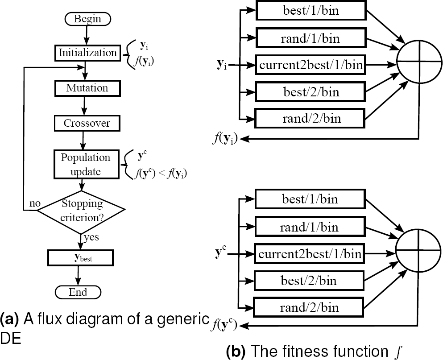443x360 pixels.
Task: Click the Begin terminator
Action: pos(87,19)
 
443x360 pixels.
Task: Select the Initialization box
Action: pos(87,53)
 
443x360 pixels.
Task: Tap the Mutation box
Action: pos(87,88)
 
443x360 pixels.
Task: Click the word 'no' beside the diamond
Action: pos(35,203)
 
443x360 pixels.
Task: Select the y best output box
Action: pos(80,257)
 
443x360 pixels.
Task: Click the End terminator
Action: pos(78,292)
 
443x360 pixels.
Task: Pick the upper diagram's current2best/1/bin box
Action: pos(311,66)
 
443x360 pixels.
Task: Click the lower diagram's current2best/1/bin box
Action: pos(310,254)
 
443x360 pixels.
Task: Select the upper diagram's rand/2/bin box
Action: pos(310,119)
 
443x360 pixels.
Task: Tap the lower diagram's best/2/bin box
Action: pos(310,281)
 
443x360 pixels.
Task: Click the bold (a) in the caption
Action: pos(9,319)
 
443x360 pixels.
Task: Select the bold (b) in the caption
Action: pos(236,350)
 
